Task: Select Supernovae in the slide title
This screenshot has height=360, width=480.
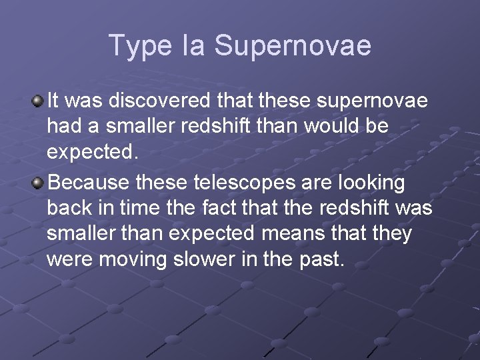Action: pyautogui.click(x=293, y=46)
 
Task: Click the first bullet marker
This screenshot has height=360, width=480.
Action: pyautogui.click(x=38, y=101)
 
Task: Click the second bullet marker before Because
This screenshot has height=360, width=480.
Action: pyautogui.click(x=38, y=182)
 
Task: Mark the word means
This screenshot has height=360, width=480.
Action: pyautogui.click(x=291, y=234)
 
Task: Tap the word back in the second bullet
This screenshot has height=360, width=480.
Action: pyautogui.click(x=71, y=208)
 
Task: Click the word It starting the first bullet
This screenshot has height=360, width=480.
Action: pyautogui.click(x=54, y=101)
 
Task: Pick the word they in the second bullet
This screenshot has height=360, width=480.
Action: pyautogui.click(x=391, y=234)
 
